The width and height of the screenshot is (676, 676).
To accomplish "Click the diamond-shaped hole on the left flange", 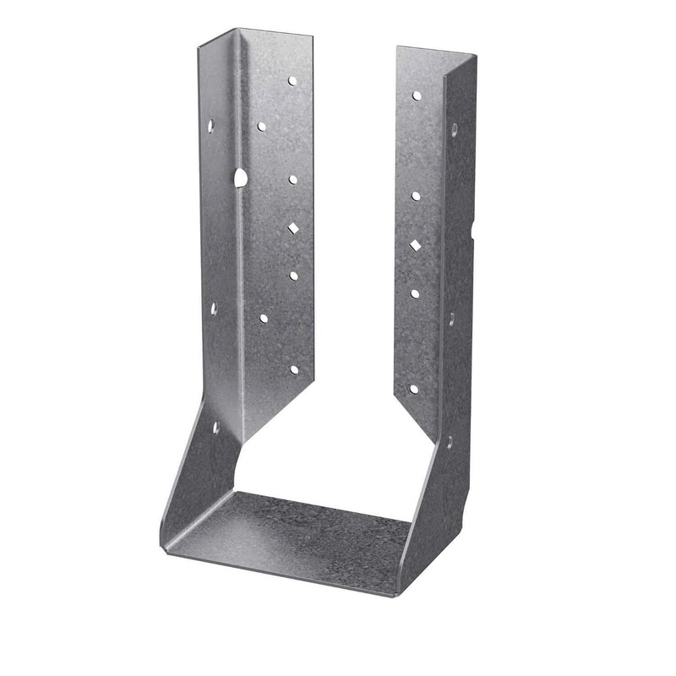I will [292, 228].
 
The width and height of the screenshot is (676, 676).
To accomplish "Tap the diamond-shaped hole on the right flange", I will [416, 245].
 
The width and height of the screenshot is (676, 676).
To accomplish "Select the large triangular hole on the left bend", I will [240, 177].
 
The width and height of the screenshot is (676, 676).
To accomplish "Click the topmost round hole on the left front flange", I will [292, 82].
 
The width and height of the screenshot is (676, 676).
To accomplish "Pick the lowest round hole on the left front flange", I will [294, 369].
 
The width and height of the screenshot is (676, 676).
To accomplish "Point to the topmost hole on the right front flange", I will [417, 95].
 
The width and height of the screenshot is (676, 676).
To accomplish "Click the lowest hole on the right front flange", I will [413, 389].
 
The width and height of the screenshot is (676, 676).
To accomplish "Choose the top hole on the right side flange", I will [454, 130].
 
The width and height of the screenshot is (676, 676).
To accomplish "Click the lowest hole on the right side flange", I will [449, 440].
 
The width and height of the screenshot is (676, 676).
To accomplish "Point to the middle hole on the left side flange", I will [213, 308].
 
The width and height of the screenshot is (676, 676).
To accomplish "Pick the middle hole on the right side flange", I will [451, 319].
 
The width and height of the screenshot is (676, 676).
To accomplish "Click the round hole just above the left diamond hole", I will [293, 179].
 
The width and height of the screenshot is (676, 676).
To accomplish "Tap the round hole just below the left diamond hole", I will [293, 275].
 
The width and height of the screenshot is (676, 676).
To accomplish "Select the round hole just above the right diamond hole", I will [416, 196].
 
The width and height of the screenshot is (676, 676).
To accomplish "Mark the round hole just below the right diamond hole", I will [415, 293].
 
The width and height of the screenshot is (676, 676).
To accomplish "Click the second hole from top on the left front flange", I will [261, 126].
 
